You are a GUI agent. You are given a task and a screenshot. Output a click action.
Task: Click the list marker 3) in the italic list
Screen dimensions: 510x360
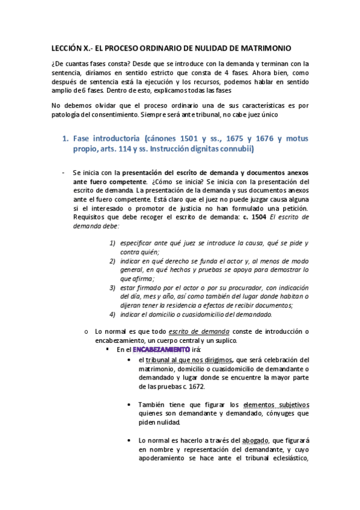112,287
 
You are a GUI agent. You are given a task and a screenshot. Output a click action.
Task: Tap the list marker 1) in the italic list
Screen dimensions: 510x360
112,243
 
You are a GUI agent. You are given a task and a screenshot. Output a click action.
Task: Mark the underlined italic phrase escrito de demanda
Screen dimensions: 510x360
198,331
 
